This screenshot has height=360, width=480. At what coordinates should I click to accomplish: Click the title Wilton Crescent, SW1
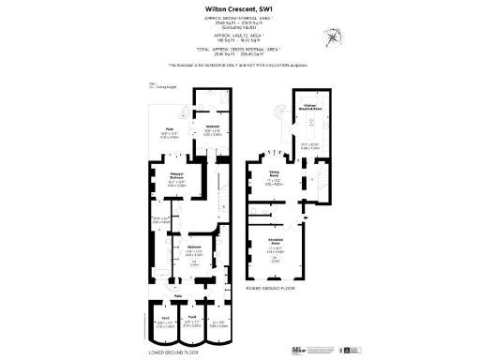click(238, 10)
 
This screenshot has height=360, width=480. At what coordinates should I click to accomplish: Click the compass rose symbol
click(333, 37)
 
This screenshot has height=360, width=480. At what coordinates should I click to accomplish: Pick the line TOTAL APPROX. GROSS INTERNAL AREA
click(238, 51)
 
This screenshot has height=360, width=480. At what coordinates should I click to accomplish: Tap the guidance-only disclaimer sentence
click(238, 66)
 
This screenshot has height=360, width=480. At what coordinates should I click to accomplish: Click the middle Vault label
click(190, 317)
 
